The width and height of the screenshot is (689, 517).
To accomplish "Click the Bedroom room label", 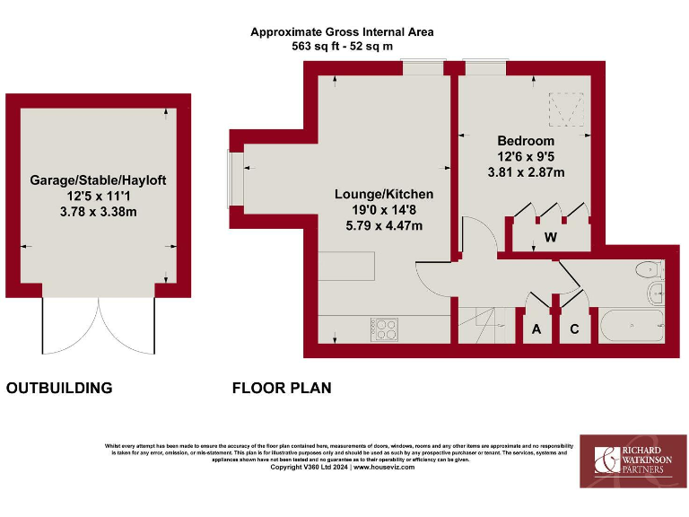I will [526, 141].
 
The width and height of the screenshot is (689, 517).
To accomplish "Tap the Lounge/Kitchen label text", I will [384, 194].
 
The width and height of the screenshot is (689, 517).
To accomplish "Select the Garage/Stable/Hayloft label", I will [98, 180].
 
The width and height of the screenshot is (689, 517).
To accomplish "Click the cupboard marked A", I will [537, 329].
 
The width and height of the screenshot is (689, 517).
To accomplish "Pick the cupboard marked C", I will [575, 329].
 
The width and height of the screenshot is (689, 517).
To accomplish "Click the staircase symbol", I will [483, 324].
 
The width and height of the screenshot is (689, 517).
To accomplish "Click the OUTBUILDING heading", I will [59, 389].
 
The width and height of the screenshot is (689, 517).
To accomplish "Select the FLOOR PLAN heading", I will [282, 389].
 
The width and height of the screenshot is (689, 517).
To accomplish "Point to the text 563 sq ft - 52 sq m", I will [342, 46].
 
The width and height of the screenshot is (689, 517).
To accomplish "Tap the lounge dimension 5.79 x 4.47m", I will [384, 225].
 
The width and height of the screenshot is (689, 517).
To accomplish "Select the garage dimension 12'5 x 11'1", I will [98, 196].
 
